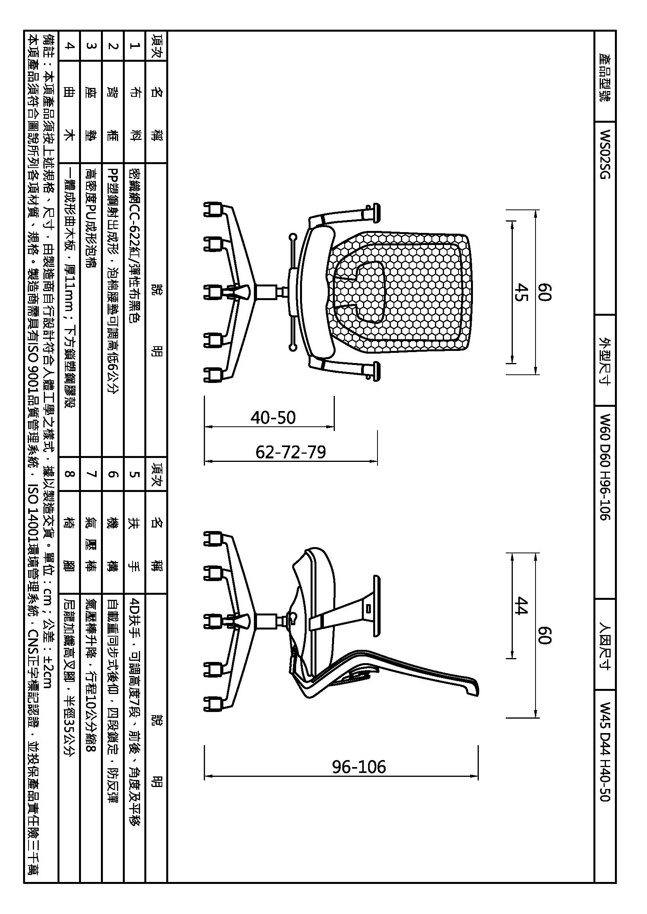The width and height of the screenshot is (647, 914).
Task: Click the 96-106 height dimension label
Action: (359, 767)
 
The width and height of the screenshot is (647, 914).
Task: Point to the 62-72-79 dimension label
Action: (290, 452)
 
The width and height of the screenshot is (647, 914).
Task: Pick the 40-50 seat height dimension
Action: (273, 417)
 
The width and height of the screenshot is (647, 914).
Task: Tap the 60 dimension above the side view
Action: (544, 635)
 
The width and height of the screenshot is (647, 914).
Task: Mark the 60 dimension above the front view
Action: (544, 292)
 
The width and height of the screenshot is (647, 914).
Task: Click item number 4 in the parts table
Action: (69, 46)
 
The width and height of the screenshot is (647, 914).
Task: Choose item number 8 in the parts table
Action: (69, 474)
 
